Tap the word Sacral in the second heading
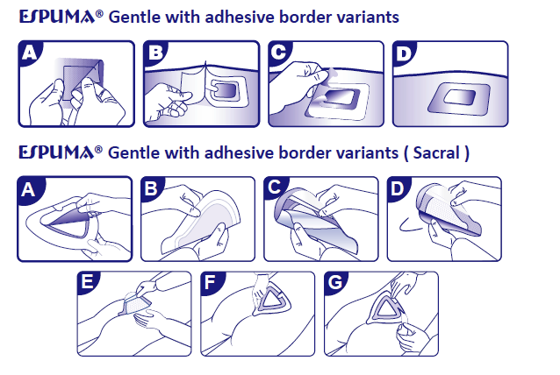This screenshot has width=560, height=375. pyautogui.click(x=436, y=153)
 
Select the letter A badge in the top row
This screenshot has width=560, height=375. pyautogui.click(x=30, y=53)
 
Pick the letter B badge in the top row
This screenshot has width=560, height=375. pyautogui.click(x=155, y=53)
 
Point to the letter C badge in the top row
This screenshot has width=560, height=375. pyautogui.click(x=280, y=53)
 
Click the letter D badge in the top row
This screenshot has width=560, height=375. pyautogui.click(x=404, y=53)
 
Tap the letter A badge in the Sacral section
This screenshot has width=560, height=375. pyautogui.click(x=29, y=189)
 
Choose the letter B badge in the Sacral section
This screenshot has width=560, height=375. pyautogui.click(x=152, y=188)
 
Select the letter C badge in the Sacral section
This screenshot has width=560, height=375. pyautogui.click(x=275, y=187)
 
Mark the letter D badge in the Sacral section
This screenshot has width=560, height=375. pyautogui.click(x=398, y=188)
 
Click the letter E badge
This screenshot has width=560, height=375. pyautogui.click(x=88, y=283)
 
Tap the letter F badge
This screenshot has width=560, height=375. pyautogui.click(x=211, y=283)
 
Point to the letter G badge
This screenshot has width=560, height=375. pyautogui.click(x=335, y=283)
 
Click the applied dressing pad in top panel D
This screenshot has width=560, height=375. pyautogui.click(x=459, y=98)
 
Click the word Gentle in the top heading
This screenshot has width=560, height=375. pyautogui.click(x=134, y=18)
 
